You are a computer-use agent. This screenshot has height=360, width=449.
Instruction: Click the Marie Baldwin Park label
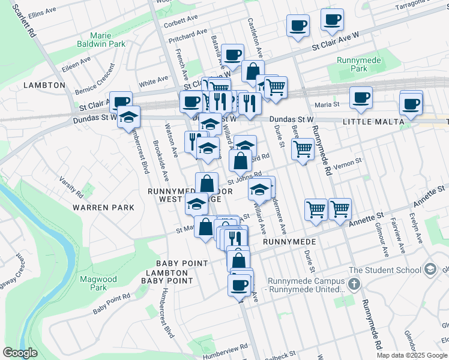tap(101, 40)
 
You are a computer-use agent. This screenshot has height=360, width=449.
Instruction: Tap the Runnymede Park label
tap(352, 64)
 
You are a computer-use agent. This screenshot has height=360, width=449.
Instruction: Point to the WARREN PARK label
tap(98, 207)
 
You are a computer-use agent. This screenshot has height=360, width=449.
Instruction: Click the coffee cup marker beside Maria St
tap(361, 98)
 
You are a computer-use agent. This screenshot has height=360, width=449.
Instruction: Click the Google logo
tap(20, 353)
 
